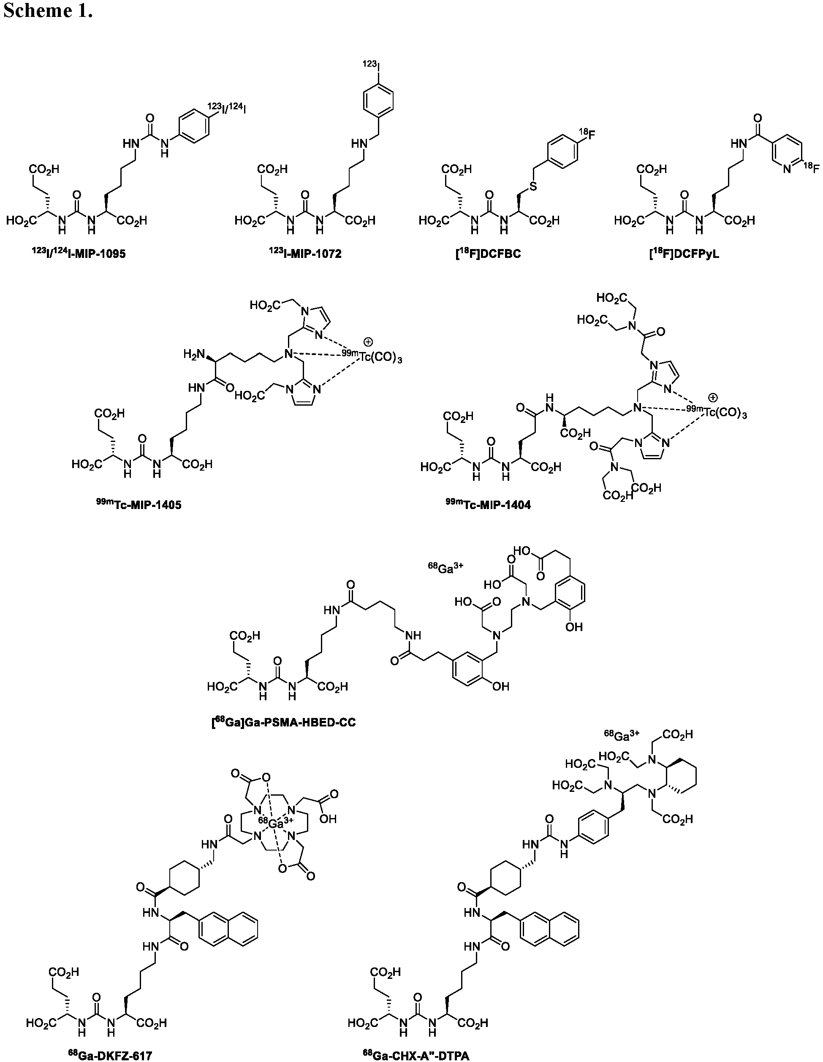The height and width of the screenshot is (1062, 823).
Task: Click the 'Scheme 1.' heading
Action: (x=48, y=11)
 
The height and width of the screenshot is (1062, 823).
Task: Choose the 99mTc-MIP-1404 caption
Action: (x=488, y=505)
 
